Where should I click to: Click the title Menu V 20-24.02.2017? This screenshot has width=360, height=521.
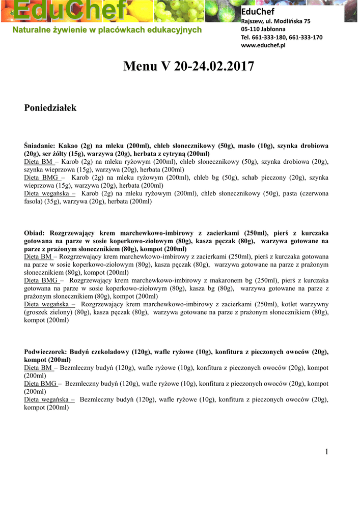tap(188, 67)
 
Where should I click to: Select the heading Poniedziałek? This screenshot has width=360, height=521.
tap(50, 108)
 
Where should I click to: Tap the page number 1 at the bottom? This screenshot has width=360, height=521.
tap(327, 452)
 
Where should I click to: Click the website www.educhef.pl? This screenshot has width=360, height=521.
tap(263, 45)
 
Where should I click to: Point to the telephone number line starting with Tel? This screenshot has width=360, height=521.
tap(281, 37)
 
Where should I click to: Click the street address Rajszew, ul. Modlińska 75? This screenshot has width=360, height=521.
tap(275, 21)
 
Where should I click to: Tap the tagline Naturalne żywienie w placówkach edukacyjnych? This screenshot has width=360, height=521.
tap(107, 30)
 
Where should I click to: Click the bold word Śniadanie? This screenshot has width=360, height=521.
tap(40, 146)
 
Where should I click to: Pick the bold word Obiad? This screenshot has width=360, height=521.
tap(35, 233)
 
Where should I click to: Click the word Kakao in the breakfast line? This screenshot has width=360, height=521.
tap(68, 146)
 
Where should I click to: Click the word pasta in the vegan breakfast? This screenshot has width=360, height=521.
tap(291, 193)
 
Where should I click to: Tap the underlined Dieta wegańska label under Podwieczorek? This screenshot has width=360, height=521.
tap(49, 400)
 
